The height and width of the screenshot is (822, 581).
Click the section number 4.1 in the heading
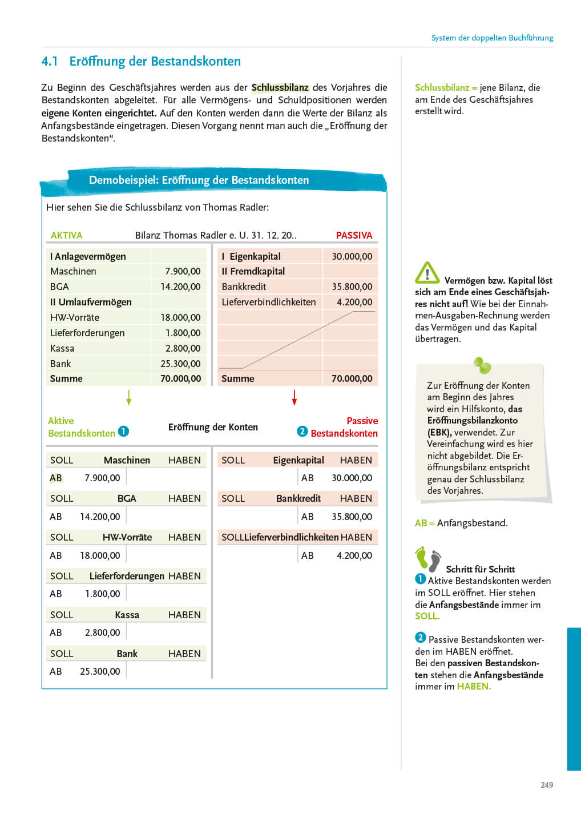pyautogui.click(x=50, y=62)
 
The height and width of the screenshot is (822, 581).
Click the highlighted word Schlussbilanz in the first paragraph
pyautogui.click(x=280, y=87)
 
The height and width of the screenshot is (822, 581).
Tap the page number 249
pyautogui.click(x=547, y=785)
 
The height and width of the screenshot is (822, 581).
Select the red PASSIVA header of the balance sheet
pyautogui.click(x=354, y=235)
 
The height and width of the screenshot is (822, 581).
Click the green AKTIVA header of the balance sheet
pyautogui.click(x=66, y=235)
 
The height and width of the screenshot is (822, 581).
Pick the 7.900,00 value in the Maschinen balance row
pyautogui.click(x=183, y=271)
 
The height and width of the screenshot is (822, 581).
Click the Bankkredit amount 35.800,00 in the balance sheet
pyautogui.click(x=352, y=287)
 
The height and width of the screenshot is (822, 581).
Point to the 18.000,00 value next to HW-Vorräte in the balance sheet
pyautogui.click(x=180, y=317)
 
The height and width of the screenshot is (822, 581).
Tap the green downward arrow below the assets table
pyautogui.click(x=129, y=397)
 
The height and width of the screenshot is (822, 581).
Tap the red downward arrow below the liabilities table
pyautogui.click(x=294, y=397)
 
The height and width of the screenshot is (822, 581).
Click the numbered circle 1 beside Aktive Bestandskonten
pyautogui.click(x=123, y=432)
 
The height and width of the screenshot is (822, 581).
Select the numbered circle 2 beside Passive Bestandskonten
pyautogui.click(x=302, y=432)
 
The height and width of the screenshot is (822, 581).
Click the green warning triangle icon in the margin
pyautogui.click(x=427, y=273)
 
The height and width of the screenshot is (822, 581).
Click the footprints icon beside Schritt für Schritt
pyautogui.click(x=428, y=559)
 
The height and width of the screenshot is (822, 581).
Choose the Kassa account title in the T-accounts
pyautogui.click(x=127, y=615)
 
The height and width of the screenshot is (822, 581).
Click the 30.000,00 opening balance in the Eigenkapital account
pyautogui.click(x=352, y=478)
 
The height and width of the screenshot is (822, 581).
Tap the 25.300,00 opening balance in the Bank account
pyautogui.click(x=100, y=671)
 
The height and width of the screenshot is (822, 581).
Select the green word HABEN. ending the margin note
pyautogui.click(x=474, y=686)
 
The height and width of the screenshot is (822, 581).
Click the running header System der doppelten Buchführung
pyautogui.click(x=492, y=38)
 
